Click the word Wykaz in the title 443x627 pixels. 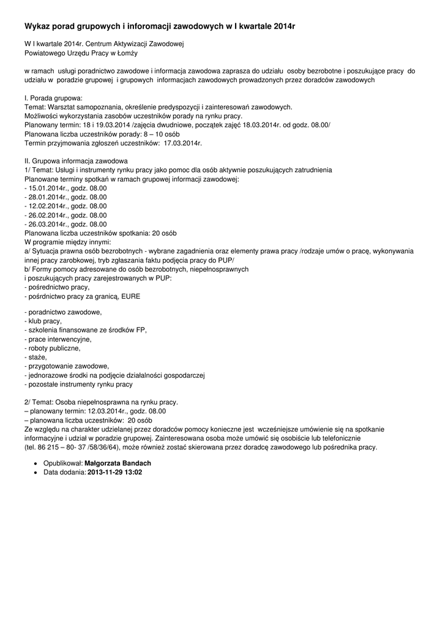(x=38, y=27)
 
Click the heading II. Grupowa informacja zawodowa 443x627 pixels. (x=76, y=160)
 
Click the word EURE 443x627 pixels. (x=130, y=296)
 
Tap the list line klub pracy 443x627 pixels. (x=43, y=321)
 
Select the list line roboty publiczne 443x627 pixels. (x=53, y=348)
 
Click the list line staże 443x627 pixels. (x=35, y=357)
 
